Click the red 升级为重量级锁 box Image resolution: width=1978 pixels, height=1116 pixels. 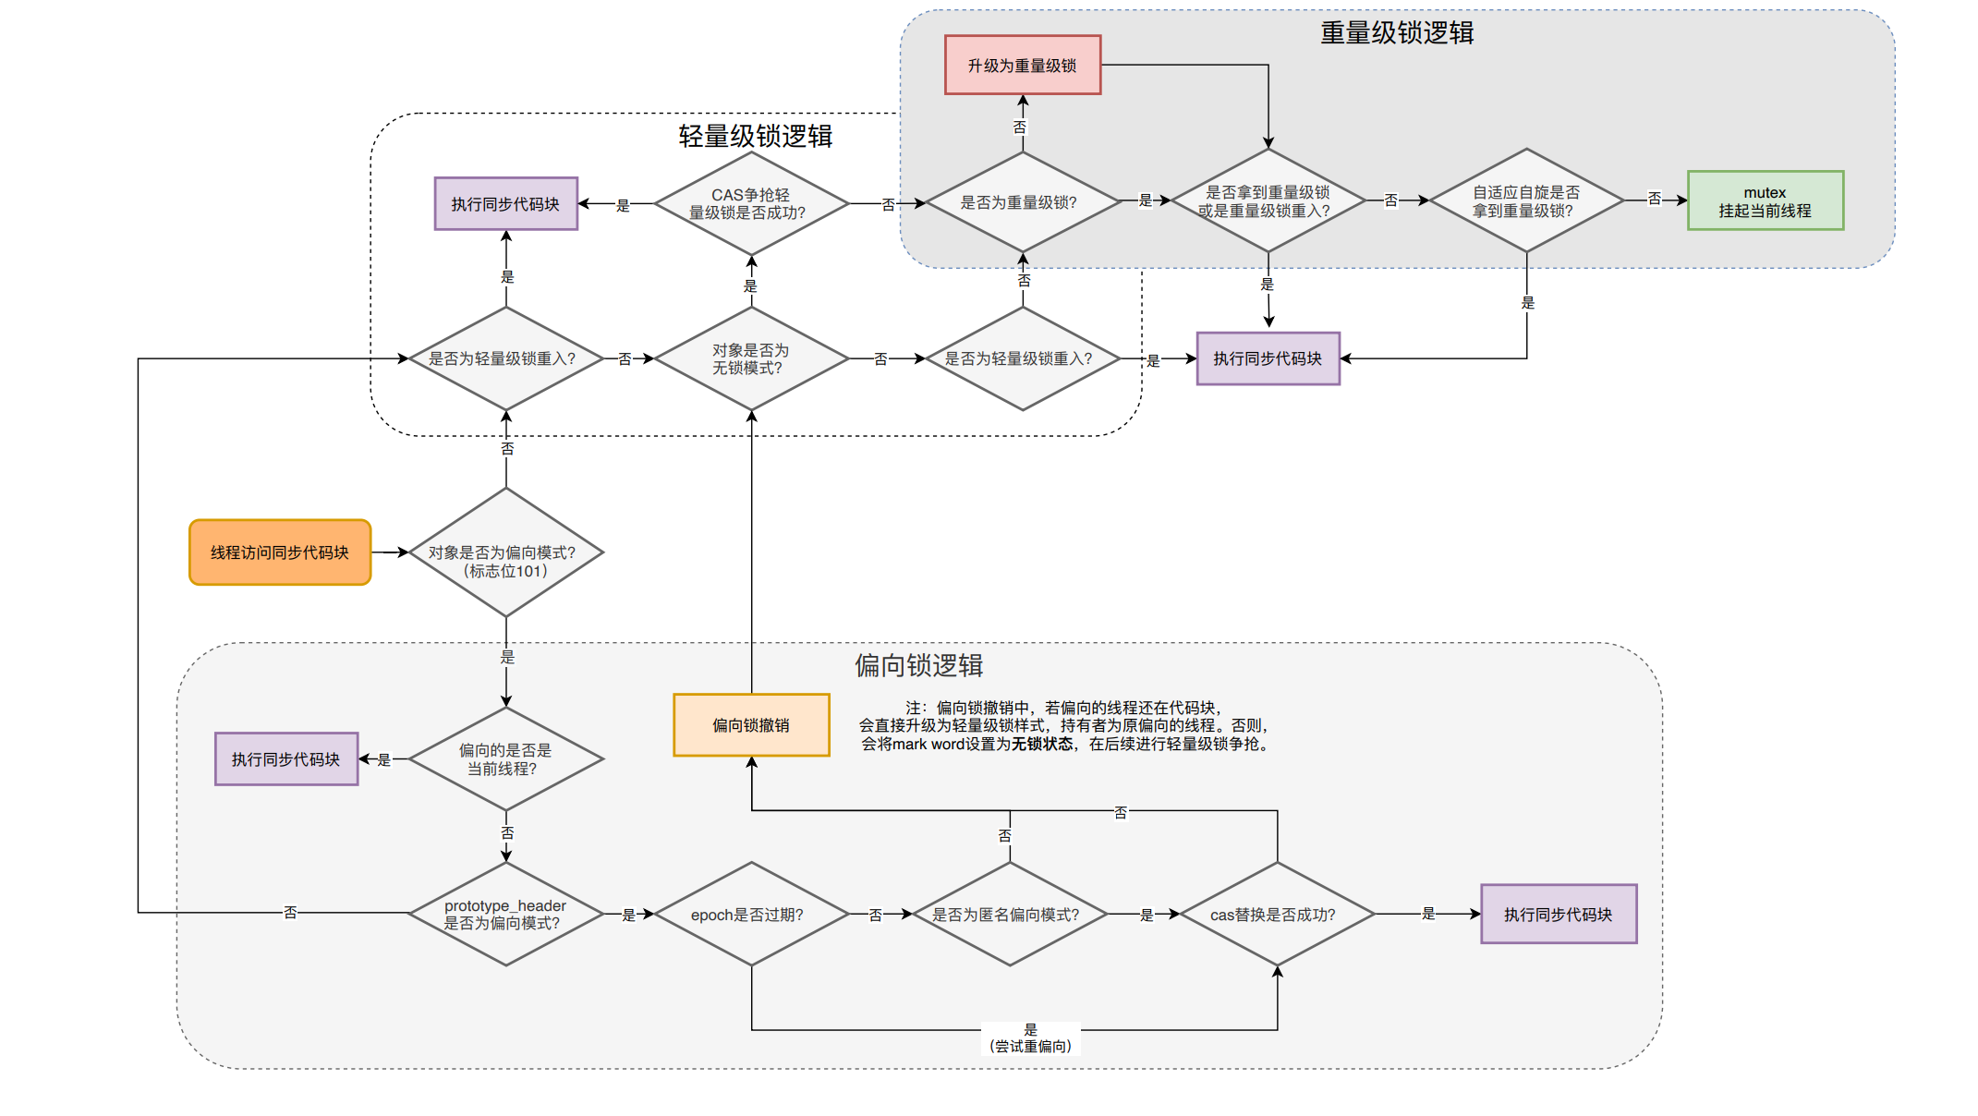(x=1022, y=66)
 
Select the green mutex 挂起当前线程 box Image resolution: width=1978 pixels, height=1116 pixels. (x=1765, y=201)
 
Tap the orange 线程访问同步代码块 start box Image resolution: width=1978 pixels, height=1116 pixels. (x=280, y=552)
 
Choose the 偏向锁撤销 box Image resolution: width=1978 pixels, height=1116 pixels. (x=751, y=725)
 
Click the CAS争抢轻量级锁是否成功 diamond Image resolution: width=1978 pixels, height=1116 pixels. (x=751, y=204)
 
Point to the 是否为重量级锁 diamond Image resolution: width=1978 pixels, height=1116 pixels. (x=1022, y=202)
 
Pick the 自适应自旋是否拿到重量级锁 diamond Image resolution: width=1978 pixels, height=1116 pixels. (x=1526, y=201)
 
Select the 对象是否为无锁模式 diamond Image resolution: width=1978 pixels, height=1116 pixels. (x=751, y=358)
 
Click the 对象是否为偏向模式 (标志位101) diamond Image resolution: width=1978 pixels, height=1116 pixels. (x=505, y=552)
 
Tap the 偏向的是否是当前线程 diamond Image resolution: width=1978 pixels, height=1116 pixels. (x=505, y=759)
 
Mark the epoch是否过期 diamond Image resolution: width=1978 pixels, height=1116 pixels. (x=751, y=915)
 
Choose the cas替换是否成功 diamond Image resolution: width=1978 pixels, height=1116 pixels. (x=1277, y=915)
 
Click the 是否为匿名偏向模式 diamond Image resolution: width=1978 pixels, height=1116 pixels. (x=1009, y=915)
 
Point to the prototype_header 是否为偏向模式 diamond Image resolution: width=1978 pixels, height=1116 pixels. (x=505, y=915)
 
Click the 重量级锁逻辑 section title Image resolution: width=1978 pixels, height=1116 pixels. (x=1396, y=33)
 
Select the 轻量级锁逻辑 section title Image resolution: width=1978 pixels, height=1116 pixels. (x=755, y=137)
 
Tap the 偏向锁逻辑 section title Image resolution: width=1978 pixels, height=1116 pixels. (x=918, y=665)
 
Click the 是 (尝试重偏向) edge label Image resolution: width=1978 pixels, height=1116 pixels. (x=1030, y=1038)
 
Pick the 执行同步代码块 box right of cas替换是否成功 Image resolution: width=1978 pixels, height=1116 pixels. (x=1558, y=915)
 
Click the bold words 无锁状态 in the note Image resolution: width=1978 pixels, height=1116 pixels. (x=1042, y=744)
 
